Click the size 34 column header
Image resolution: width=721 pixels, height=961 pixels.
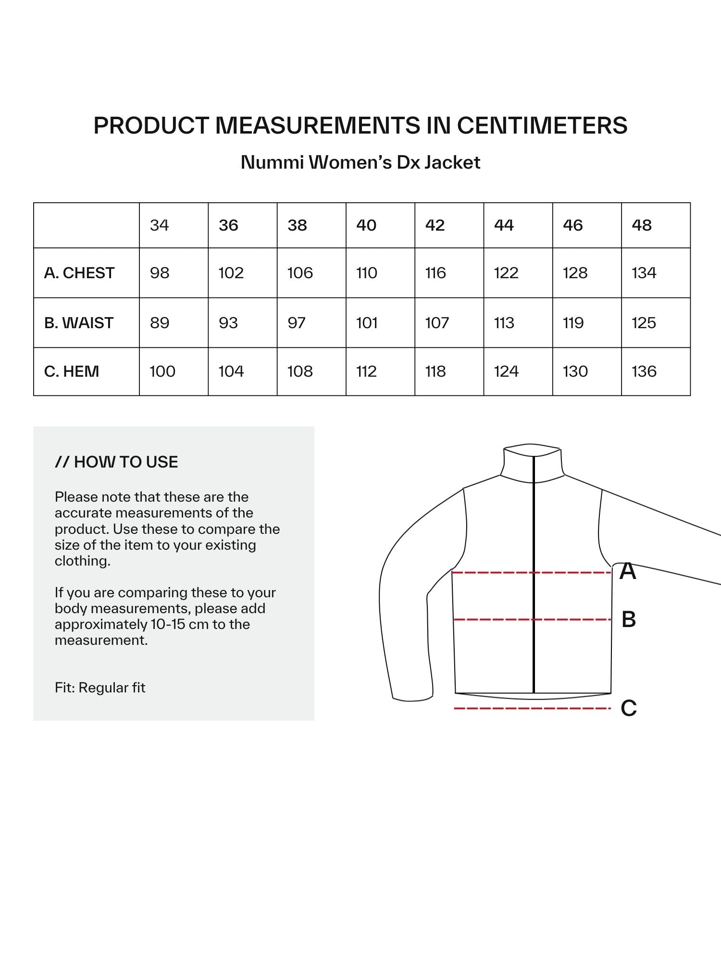159,225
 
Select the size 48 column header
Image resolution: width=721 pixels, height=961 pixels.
642,225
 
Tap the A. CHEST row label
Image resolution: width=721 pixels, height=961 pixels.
79,273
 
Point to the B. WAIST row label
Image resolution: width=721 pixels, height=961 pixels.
79,323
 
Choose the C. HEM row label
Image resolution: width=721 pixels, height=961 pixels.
72,371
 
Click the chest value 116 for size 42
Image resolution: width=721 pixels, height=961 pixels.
435,273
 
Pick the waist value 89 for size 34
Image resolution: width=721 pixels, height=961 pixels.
159,323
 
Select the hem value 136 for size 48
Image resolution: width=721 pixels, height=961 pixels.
644,371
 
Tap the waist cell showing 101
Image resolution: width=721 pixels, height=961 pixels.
367,323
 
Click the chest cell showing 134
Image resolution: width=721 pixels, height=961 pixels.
644,273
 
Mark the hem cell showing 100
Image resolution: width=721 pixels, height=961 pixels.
162,371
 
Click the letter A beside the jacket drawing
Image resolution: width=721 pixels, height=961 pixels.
627,571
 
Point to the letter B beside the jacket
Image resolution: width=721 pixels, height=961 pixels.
628,619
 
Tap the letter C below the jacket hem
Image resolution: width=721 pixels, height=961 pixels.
628,708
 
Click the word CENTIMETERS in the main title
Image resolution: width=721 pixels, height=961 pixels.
542,125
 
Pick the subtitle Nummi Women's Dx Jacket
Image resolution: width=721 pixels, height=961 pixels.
360,162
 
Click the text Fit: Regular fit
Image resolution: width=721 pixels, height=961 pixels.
100,688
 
